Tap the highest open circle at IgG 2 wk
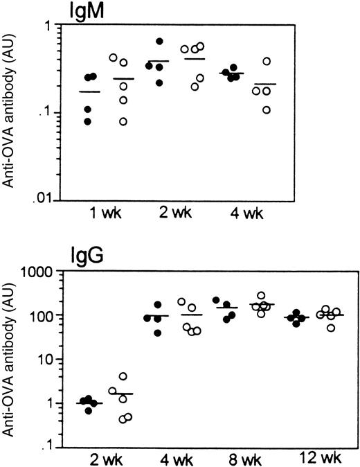pos(123,377)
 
